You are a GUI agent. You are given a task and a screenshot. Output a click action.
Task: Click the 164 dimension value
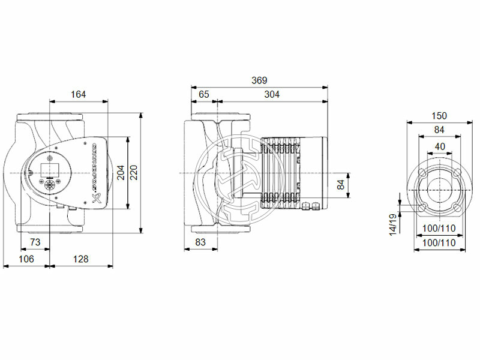tap(78, 94)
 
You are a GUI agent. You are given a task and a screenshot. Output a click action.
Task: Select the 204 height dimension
tap(121, 173)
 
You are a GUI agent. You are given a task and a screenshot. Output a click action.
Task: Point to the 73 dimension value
tap(35, 242)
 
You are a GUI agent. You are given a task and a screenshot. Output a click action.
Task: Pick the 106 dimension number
tap(25, 259)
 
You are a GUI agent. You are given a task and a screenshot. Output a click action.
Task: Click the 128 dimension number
tap(80, 259)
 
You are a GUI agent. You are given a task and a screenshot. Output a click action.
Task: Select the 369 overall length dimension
tap(259, 80)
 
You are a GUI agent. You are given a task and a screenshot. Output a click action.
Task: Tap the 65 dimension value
tap(204, 94)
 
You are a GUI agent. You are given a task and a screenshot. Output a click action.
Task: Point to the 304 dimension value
tap(272, 94)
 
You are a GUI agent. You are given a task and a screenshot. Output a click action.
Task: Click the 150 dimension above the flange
tap(439, 115)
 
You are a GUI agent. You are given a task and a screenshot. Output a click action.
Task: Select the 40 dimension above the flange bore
tap(439, 146)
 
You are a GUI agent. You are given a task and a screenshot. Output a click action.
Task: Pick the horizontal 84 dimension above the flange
tap(439, 130)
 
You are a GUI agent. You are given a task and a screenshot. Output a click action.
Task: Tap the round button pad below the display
tap(49, 180)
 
